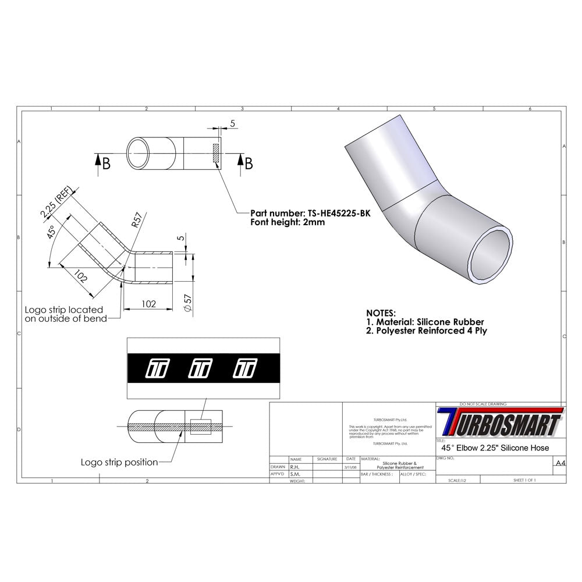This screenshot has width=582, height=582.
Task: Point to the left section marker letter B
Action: (105, 164)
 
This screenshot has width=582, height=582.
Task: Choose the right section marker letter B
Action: (249, 164)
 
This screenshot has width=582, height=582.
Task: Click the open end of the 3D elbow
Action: (492, 255)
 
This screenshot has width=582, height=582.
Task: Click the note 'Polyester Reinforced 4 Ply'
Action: (430, 331)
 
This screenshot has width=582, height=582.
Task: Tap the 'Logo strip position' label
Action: (119, 462)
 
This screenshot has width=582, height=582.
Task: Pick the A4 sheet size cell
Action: (559, 463)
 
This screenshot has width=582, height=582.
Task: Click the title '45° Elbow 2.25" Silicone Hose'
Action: (495, 448)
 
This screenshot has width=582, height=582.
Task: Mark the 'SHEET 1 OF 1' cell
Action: (524, 480)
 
